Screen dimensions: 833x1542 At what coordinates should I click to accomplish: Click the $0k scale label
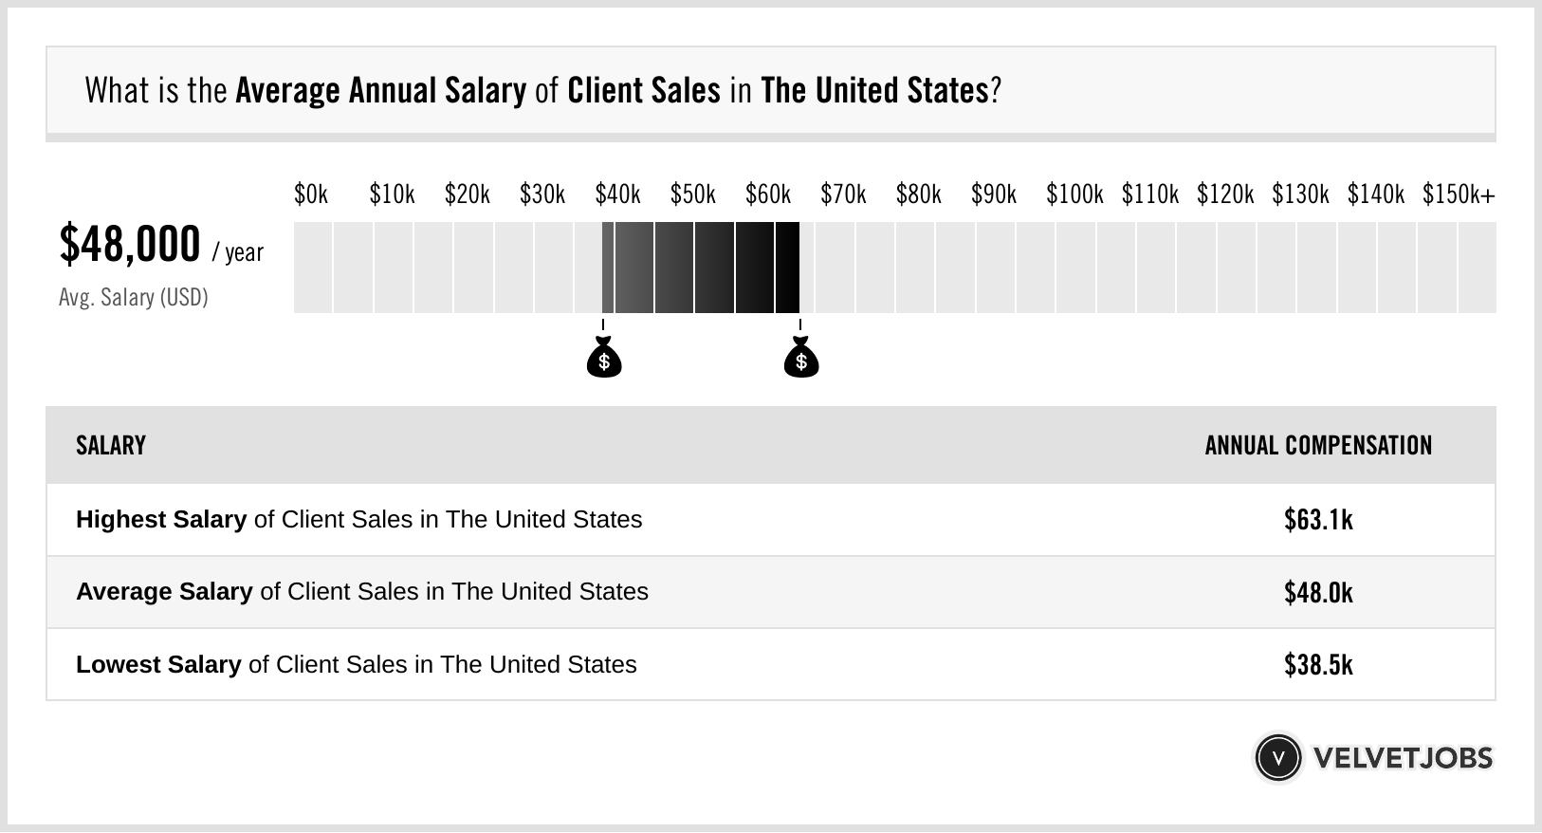tap(311, 194)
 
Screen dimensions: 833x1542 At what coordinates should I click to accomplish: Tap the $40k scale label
tap(617, 194)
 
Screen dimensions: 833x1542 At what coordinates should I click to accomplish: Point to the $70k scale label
tap(843, 194)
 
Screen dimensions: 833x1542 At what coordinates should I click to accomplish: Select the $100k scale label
tap(1074, 194)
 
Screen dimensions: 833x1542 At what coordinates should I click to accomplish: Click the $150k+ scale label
tap(1459, 194)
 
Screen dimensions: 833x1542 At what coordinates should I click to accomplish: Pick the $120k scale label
tap(1225, 194)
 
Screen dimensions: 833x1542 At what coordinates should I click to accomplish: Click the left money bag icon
tap(604, 358)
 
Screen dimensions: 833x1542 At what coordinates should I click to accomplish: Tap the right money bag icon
tap(801, 358)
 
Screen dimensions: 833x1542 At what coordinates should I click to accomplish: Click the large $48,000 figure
tap(130, 244)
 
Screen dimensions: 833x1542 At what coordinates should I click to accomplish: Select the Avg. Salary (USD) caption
tap(134, 298)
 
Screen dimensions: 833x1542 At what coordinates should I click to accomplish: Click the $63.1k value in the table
tap(1318, 520)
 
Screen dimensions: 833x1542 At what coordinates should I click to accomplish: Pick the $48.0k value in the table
tap(1318, 592)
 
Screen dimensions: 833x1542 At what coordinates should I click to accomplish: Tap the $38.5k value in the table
tap(1318, 664)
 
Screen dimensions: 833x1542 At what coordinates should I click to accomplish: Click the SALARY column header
tap(111, 446)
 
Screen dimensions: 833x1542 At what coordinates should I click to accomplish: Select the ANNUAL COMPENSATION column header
tap(1318, 446)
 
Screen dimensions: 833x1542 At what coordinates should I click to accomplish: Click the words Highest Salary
tap(161, 520)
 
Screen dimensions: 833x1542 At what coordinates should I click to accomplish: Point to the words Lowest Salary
tap(158, 664)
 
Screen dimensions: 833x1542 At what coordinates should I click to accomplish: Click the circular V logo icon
tap(1278, 758)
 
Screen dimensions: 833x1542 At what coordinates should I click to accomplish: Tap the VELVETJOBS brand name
tap(1403, 758)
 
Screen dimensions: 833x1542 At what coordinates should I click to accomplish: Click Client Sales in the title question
tap(644, 91)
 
